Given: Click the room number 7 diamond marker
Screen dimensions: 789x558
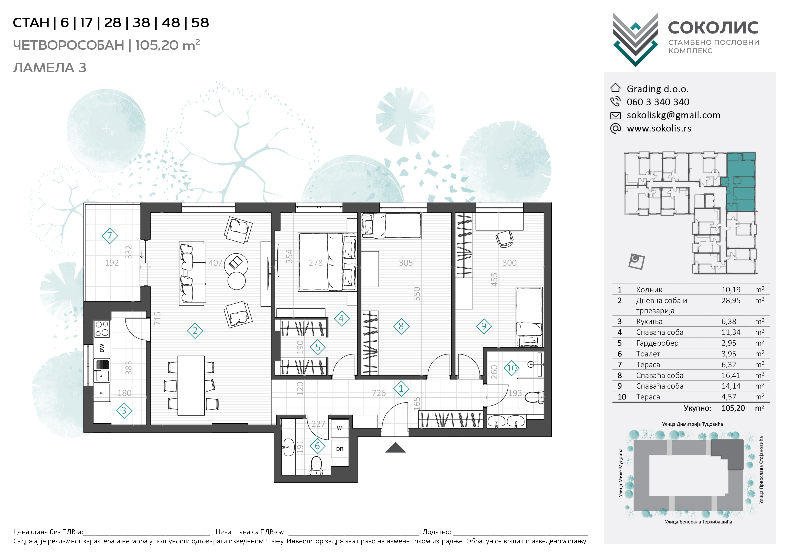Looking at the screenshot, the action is pos(110,236).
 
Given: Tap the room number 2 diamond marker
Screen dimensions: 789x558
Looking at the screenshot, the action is pos(195,331).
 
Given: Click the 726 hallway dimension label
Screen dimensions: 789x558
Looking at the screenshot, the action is pos(379,393).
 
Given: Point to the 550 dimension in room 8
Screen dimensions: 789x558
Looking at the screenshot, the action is pos(417,294).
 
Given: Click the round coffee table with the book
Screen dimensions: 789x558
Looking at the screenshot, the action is pos(236,264).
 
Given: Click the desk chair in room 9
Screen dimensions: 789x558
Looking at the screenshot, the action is pos(504,239).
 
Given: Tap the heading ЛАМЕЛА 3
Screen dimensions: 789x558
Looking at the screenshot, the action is pos(50,68).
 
